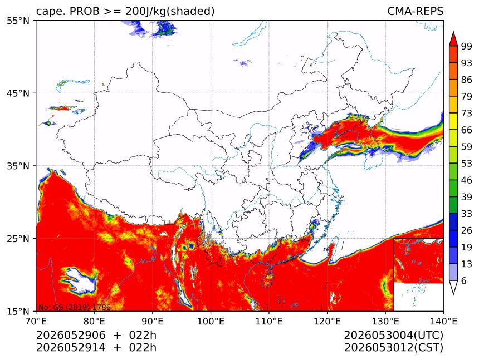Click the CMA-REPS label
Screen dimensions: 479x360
pyautogui.click(x=415, y=11)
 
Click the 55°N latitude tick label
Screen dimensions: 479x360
pyautogui.click(x=18, y=21)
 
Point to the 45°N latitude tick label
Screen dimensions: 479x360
pyautogui.click(x=18, y=93)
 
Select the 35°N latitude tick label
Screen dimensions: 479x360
pyautogui.click(x=18, y=166)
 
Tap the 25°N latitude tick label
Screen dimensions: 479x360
pyautogui.click(x=18, y=238)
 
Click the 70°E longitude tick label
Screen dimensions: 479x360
pyautogui.click(x=36, y=321)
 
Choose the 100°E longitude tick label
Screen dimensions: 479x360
pyautogui.click(x=211, y=321)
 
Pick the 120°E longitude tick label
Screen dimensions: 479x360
pyautogui.click(x=327, y=321)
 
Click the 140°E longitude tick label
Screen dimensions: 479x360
pyautogui.click(x=443, y=321)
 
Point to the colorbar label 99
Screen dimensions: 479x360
pyautogui.click(x=467, y=46)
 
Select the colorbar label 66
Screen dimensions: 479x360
pyautogui.click(x=467, y=130)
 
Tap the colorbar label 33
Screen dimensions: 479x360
pyautogui.click(x=467, y=214)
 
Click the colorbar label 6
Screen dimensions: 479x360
pyautogui.click(x=464, y=280)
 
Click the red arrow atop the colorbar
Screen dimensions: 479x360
pyautogui.click(x=453, y=39)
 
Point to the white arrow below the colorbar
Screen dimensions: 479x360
pyautogui.click(x=453, y=287)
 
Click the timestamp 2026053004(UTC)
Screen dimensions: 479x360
pyautogui.click(x=393, y=335)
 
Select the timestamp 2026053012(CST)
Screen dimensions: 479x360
pyautogui.click(x=393, y=348)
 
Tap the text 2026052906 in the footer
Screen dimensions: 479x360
pyautogui.click(x=71, y=335)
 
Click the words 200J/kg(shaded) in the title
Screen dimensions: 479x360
pyautogui.click(x=170, y=11)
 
